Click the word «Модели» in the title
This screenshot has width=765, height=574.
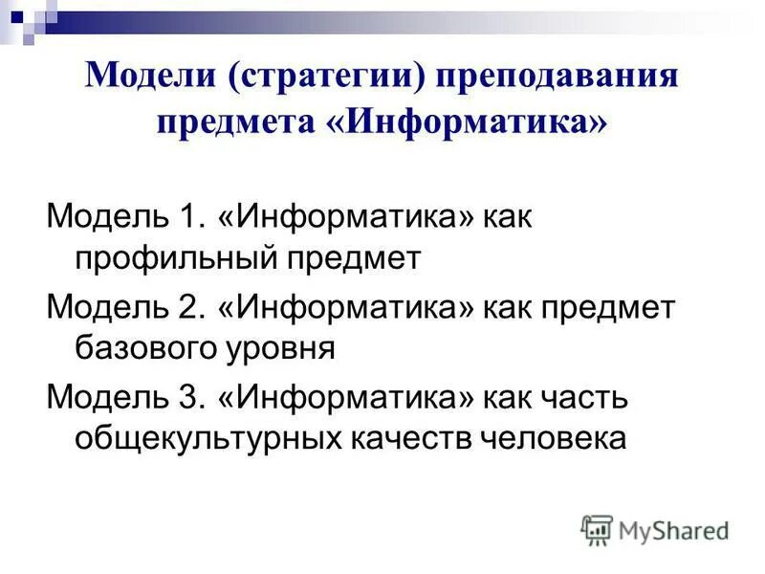150,77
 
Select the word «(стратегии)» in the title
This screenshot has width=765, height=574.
324,77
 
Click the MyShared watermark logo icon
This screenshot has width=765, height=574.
597,529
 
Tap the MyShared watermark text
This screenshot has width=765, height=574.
673,530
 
